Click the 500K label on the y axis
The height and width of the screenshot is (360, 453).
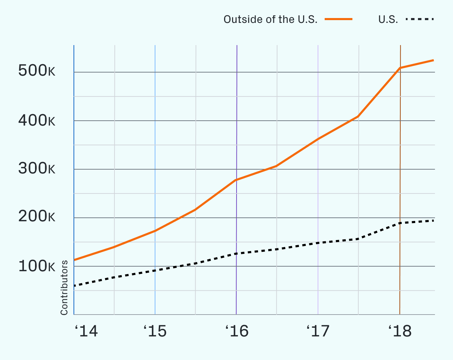pos(36,71)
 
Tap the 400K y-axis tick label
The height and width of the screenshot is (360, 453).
pos(36,121)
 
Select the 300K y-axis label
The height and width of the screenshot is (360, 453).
pos(36,169)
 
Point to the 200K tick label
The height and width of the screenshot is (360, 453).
pos(36,217)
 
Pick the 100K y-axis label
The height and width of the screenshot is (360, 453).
pos(36,267)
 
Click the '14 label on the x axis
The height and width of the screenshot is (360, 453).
pos(86,332)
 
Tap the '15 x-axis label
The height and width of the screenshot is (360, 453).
pos(155,332)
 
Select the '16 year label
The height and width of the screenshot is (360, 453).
pos(237,332)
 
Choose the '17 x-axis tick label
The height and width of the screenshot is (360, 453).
pos(318,332)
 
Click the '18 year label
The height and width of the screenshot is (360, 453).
pos(400,332)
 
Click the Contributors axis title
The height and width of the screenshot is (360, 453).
pos(64,288)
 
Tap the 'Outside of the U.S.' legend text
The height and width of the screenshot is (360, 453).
pos(271,19)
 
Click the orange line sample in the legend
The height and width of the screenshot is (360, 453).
pos(339,19)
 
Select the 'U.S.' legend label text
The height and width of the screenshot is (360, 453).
pos(388,19)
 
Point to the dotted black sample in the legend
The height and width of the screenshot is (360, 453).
pos(420,19)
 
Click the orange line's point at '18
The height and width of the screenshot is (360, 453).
pos(400,68)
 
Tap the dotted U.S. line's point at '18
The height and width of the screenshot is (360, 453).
pos(400,223)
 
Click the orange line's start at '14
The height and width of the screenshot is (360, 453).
pos(75,260)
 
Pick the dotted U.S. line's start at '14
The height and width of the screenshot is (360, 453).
pos(75,286)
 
